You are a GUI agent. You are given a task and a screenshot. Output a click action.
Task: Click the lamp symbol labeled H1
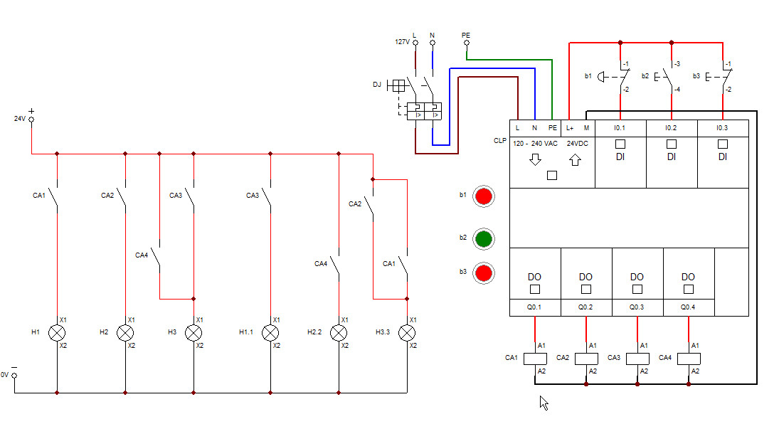pyautogui.click(x=57, y=332)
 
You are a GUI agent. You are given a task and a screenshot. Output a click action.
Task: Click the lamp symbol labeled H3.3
pyautogui.click(x=407, y=332)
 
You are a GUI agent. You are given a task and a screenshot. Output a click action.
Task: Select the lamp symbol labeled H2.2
pyautogui.click(x=339, y=332)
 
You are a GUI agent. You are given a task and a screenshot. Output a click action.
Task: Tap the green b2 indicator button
pyautogui.click(x=484, y=238)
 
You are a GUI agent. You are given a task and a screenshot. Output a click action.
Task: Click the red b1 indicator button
pyautogui.click(x=484, y=196)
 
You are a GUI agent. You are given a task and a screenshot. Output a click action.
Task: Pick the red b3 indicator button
pyautogui.click(x=484, y=273)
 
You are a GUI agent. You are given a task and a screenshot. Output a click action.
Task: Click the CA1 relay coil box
pyautogui.click(x=535, y=359)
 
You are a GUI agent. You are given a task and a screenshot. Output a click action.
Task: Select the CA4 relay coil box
pyautogui.click(x=689, y=359)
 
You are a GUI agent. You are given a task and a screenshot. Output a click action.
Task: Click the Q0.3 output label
pyautogui.click(x=637, y=308)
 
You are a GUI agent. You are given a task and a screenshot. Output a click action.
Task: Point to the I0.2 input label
pyautogui.click(x=671, y=128)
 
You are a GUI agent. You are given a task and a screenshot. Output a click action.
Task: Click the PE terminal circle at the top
pyautogui.click(x=466, y=43)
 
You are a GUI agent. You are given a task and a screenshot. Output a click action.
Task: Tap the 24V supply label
pyautogui.click(x=20, y=119)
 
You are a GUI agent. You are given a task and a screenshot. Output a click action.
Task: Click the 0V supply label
pyautogui.click(x=4, y=374)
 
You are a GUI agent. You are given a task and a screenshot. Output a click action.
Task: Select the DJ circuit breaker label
pyautogui.click(x=377, y=85)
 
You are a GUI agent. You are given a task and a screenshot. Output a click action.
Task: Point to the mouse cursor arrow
pyautogui.click(x=544, y=403)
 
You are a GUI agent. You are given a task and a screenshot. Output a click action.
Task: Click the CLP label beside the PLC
pyautogui.click(x=499, y=141)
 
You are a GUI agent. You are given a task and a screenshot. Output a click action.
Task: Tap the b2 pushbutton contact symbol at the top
pyautogui.click(x=669, y=76)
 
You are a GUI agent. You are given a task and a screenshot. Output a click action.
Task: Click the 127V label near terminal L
pyautogui.click(x=402, y=42)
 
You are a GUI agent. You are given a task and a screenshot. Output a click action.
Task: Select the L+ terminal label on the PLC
pyautogui.click(x=570, y=128)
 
